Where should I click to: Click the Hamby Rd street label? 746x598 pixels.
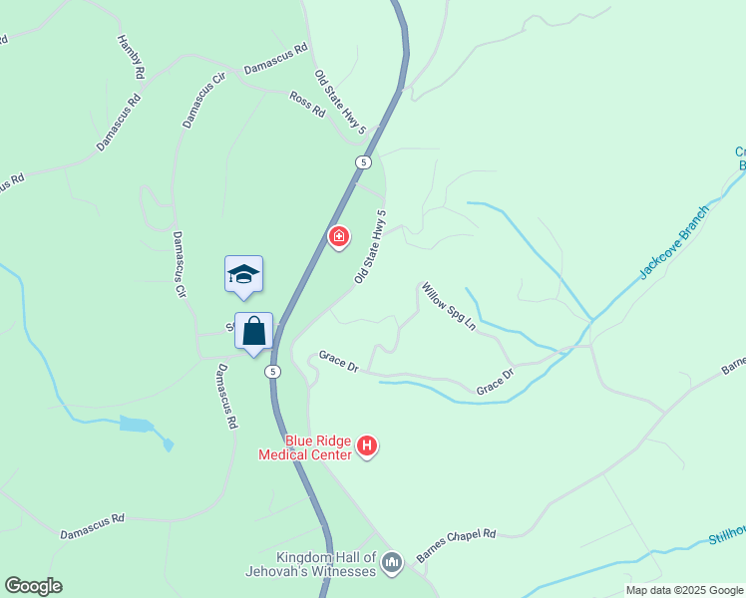point(131,57)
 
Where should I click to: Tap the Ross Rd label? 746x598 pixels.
point(307,104)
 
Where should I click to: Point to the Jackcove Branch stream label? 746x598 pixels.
point(674,242)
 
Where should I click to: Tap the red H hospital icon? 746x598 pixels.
point(367,446)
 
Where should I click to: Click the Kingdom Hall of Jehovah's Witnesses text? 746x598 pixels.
point(312,564)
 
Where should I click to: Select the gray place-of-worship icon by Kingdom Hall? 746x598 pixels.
point(391,564)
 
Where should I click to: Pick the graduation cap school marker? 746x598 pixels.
point(243,274)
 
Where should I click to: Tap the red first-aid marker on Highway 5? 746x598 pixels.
point(339,236)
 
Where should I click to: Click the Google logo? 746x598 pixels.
point(33,586)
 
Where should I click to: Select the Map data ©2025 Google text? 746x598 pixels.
point(684,590)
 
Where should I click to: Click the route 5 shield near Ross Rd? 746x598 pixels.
point(362,161)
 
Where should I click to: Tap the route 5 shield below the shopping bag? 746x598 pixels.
point(271,372)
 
